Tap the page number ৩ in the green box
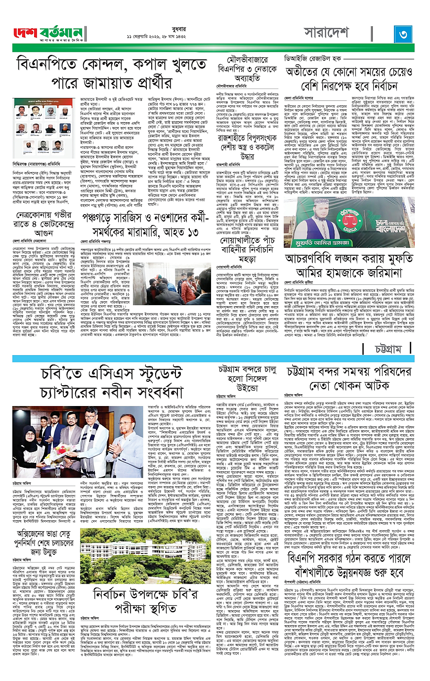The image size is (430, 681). coord(403,34)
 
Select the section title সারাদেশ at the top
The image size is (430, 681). coord(326,33)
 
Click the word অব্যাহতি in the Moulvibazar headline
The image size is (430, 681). coord(247,79)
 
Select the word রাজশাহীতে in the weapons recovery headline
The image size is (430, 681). coord(236,138)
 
